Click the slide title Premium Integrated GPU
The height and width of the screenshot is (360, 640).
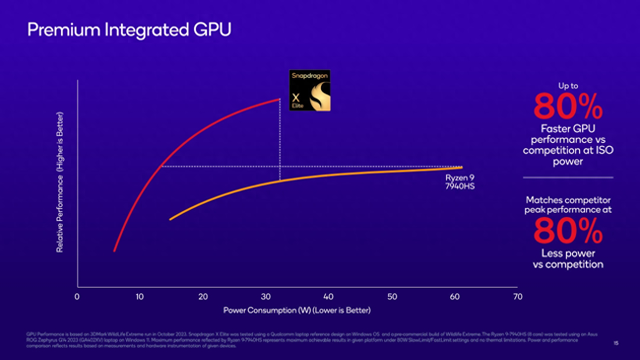(129, 30)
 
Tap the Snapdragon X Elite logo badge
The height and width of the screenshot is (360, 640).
(310, 90)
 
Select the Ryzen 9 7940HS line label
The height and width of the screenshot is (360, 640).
(459, 182)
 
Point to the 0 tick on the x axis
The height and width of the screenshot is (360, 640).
(77, 296)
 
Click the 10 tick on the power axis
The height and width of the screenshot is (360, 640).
(139, 296)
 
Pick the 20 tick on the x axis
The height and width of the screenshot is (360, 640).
(203, 296)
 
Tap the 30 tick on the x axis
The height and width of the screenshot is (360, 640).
(266, 296)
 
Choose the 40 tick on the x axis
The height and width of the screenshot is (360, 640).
(328, 296)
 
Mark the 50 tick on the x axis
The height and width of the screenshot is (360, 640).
(392, 296)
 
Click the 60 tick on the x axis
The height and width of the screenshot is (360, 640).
(455, 296)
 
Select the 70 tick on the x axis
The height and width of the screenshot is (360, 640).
(518, 296)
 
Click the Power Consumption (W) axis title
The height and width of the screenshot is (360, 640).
(297, 310)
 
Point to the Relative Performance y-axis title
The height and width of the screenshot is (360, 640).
(60, 182)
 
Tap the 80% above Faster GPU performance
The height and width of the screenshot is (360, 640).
(567, 106)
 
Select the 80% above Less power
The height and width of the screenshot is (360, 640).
(567, 230)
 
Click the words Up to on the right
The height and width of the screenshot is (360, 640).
(568, 85)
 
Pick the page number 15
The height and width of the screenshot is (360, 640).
(616, 343)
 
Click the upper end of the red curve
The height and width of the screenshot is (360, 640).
(279, 99)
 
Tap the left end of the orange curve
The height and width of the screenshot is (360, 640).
(171, 219)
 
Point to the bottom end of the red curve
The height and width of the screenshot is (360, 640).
(114, 250)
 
